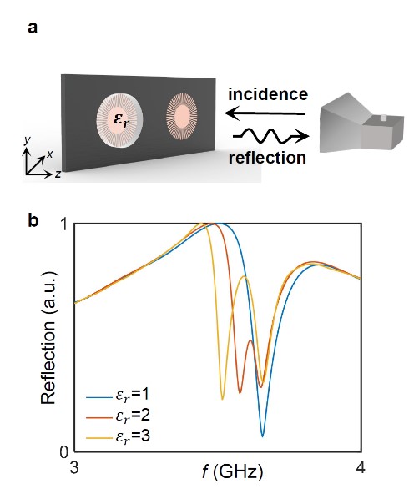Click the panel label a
pyautogui.click(x=33, y=28)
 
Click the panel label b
pyautogui.click(x=33, y=220)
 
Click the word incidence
pyautogui.click(x=268, y=94)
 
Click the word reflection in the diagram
pyautogui.click(x=267, y=158)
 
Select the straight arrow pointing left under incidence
pyautogui.click(x=265, y=113)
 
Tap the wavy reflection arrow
pyautogui.click(x=270, y=136)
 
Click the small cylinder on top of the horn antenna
pyautogui.click(x=383, y=118)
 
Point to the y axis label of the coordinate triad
pyautogui.click(x=28, y=140)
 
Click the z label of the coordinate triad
pyautogui.click(x=58, y=174)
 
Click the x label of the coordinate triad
pyautogui.click(x=50, y=154)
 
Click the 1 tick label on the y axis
pyautogui.click(x=64, y=224)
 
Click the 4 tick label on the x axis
pyautogui.click(x=361, y=467)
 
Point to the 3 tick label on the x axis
pyautogui.click(x=74, y=467)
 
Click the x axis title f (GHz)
pyautogui.click(x=233, y=472)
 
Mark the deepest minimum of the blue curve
pyautogui.click(x=262, y=436)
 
